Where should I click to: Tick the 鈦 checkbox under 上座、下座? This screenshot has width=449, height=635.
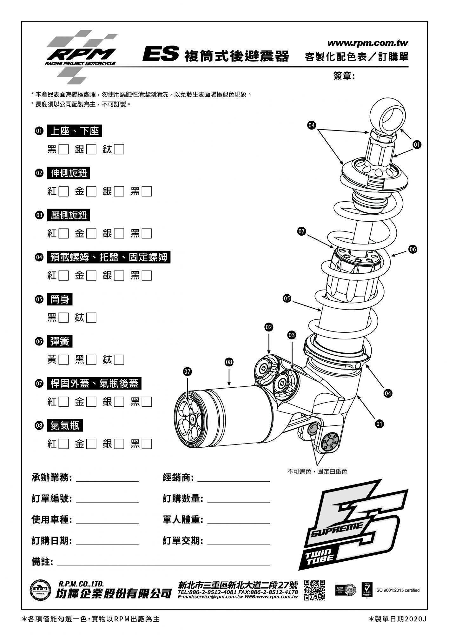(x=119, y=149)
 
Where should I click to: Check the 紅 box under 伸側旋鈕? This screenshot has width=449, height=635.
(x=63, y=191)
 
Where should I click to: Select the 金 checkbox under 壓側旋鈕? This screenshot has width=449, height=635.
(x=91, y=234)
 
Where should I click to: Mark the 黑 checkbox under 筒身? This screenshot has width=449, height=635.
(x=63, y=318)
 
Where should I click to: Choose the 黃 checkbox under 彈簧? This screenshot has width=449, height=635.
(x=63, y=360)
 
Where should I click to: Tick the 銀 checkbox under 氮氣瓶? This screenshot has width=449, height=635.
(x=119, y=444)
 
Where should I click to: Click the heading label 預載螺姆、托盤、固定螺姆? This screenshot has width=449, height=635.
(x=109, y=257)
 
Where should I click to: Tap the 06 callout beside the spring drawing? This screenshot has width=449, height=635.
(x=413, y=249)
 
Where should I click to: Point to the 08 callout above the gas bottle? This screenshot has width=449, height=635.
(x=229, y=362)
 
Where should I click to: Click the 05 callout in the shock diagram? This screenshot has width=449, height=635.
(x=287, y=298)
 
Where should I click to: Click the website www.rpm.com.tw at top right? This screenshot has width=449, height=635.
(x=367, y=43)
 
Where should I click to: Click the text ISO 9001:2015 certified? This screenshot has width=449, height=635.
(x=397, y=590)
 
